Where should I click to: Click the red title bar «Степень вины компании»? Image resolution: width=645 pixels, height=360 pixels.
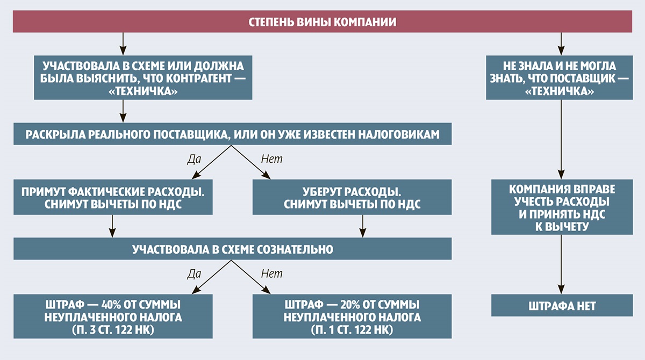pyautogui.click(x=322, y=22)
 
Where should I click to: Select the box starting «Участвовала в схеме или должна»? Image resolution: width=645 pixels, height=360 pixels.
pyautogui.click(x=124, y=78)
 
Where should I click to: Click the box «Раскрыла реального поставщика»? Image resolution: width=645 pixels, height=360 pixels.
pyautogui.click(x=232, y=134)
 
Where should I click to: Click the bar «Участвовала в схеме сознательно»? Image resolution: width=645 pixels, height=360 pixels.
pyautogui.click(x=232, y=249)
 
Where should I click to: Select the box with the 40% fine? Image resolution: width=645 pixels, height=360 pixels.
pyautogui.click(x=113, y=316)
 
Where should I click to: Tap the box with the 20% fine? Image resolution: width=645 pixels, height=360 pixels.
pyautogui.click(x=352, y=316)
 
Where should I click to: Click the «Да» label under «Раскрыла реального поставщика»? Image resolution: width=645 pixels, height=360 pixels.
pyautogui.click(x=193, y=159)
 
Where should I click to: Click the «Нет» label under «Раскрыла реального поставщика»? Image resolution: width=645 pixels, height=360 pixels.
pyautogui.click(x=271, y=159)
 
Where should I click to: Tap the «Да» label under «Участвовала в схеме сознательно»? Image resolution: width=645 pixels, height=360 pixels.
pyautogui.click(x=193, y=274)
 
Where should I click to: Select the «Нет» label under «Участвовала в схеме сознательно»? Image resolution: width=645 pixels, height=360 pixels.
pyautogui.click(x=271, y=274)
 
